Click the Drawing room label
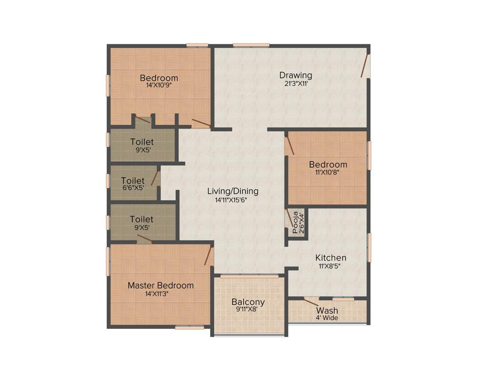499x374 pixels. click(x=295, y=75)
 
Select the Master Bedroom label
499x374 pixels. click(x=160, y=285)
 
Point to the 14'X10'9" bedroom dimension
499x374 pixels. click(x=159, y=85)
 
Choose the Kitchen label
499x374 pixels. click(x=330, y=258)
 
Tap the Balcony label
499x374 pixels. click(x=248, y=301)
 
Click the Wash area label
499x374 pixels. click(x=326, y=311)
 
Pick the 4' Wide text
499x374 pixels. click(x=326, y=318)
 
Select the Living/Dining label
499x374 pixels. click(x=232, y=191)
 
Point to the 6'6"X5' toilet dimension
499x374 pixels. click(x=133, y=187)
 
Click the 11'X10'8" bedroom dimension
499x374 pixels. click(x=328, y=172)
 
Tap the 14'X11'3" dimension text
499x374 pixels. click(x=160, y=294)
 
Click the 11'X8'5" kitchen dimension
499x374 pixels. click(x=330, y=266)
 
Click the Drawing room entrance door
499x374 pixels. click(x=365, y=66)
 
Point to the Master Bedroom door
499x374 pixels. click(x=209, y=256)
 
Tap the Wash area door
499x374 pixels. click(x=310, y=302)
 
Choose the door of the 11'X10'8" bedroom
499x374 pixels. click(x=289, y=145)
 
